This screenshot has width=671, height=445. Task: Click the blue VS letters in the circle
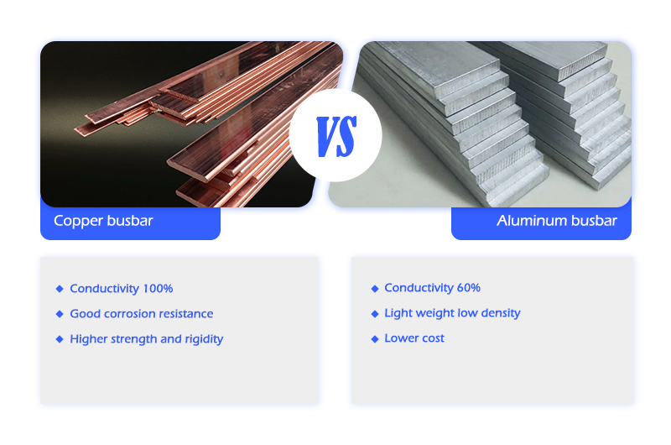(x=336, y=136)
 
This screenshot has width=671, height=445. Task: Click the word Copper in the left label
(x=78, y=222)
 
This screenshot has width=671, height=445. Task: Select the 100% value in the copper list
(x=158, y=288)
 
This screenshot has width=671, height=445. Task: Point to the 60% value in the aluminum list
(x=469, y=287)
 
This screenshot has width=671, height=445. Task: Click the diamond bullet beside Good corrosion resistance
(x=60, y=314)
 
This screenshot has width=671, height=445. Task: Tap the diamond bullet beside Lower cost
(x=375, y=338)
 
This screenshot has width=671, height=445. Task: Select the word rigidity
(x=204, y=339)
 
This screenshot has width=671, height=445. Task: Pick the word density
(x=501, y=313)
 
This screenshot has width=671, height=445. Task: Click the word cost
(x=433, y=338)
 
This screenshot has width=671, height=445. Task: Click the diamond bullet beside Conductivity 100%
(x=60, y=289)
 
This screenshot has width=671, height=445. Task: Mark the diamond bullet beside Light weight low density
(x=375, y=314)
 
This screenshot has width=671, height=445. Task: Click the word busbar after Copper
(x=130, y=221)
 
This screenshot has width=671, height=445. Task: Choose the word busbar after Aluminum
(x=594, y=221)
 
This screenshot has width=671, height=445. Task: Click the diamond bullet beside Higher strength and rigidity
(x=60, y=339)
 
